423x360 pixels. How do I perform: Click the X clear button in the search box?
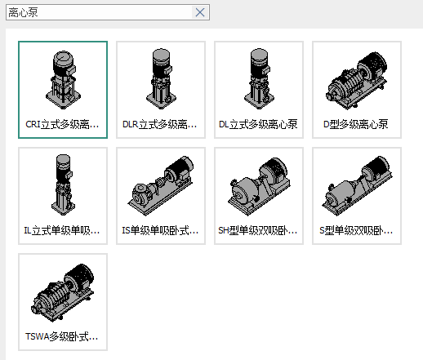[x=200, y=12]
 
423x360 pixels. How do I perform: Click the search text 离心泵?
[x=23, y=12]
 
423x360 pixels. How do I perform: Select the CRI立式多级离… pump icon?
[x=63, y=80]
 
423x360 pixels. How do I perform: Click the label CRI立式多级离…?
[x=62, y=124]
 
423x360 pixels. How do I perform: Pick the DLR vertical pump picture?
[x=161, y=79]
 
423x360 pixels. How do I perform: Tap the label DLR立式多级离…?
[x=160, y=124]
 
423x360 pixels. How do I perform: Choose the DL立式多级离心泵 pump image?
[x=259, y=79]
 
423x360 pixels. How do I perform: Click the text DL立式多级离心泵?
[x=258, y=124]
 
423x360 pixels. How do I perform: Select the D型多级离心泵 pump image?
[x=357, y=81]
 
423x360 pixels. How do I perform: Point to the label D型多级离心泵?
[x=356, y=124]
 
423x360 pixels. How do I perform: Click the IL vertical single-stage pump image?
[x=63, y=185]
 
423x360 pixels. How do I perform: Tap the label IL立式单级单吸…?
[x=62, y=230]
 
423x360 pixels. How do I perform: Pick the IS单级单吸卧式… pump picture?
[x=161, y=186]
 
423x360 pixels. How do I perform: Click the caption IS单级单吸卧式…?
[x=160, y=230]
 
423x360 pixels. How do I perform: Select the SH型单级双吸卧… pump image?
[x=259, y=187]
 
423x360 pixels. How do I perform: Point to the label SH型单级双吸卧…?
[x=257, y=230]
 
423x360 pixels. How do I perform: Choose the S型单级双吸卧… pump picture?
[x=357, y=186]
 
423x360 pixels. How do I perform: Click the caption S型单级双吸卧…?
[x=356, y=230]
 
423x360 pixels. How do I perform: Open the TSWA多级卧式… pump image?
[x=62, y=292]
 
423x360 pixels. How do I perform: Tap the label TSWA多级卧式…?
[x=62, y=336]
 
